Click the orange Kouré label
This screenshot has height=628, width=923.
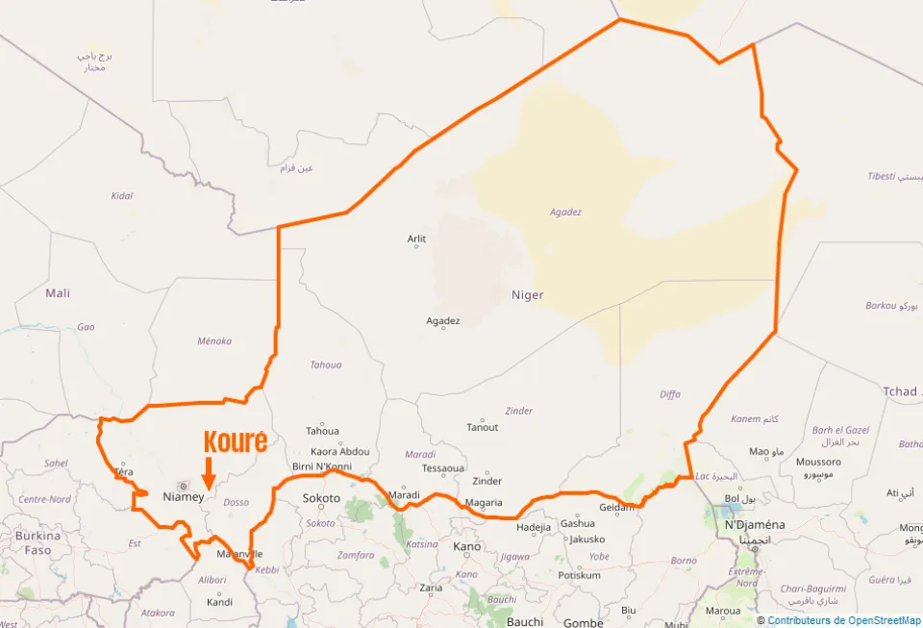(236, 441)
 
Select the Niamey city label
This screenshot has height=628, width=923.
(184, 496)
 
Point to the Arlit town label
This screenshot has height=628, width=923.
(416, 239)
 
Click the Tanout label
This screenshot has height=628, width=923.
(483, 427)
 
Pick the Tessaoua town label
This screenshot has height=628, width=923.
(443, 468)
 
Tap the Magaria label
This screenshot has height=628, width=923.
(484, 502)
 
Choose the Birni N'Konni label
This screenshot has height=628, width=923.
(322, 466)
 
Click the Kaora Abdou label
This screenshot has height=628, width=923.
(340, 451)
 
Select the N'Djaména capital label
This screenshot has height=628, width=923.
(755, 524)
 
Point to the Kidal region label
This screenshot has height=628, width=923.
(122, 195)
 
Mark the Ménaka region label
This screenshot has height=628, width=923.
(214, 340)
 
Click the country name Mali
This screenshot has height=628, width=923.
(58, 292)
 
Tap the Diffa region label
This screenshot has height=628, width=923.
(670, 393)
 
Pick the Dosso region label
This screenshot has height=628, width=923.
(236, 502)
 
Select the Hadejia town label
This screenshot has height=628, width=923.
(534, 527)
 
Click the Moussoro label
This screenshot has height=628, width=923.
(818, 462)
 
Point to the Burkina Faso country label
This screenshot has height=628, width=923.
(37, 542)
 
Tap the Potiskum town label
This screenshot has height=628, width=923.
(579, 575)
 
